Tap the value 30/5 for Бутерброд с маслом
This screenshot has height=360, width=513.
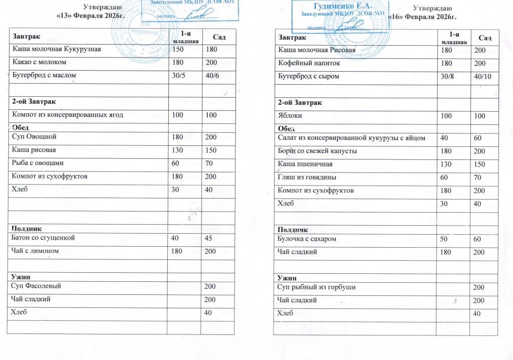[178, 75]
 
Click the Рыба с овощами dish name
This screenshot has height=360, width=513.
[38, 163]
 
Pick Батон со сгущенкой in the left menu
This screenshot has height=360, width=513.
[43, 237]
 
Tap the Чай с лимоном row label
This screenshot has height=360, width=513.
[38, 250]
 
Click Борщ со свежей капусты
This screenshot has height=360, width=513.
[317, 151]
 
